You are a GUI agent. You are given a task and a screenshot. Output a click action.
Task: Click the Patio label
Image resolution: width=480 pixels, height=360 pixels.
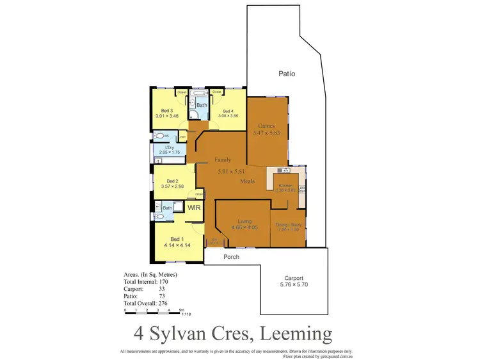coord(287,74)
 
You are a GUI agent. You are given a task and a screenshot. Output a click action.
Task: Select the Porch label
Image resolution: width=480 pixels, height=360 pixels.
coord(231,258)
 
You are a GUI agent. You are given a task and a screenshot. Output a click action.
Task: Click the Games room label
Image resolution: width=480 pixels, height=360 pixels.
coord(266,126)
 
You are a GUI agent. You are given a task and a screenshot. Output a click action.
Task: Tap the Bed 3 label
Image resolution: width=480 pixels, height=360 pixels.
coord(168,110)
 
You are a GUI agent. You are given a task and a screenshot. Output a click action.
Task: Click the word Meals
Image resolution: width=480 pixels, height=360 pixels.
coord(247,181)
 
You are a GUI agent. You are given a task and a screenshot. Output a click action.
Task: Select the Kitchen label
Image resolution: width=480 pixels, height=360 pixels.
coord(285,184)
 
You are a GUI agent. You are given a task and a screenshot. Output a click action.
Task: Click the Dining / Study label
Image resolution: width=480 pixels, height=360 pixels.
coord(288,224)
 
